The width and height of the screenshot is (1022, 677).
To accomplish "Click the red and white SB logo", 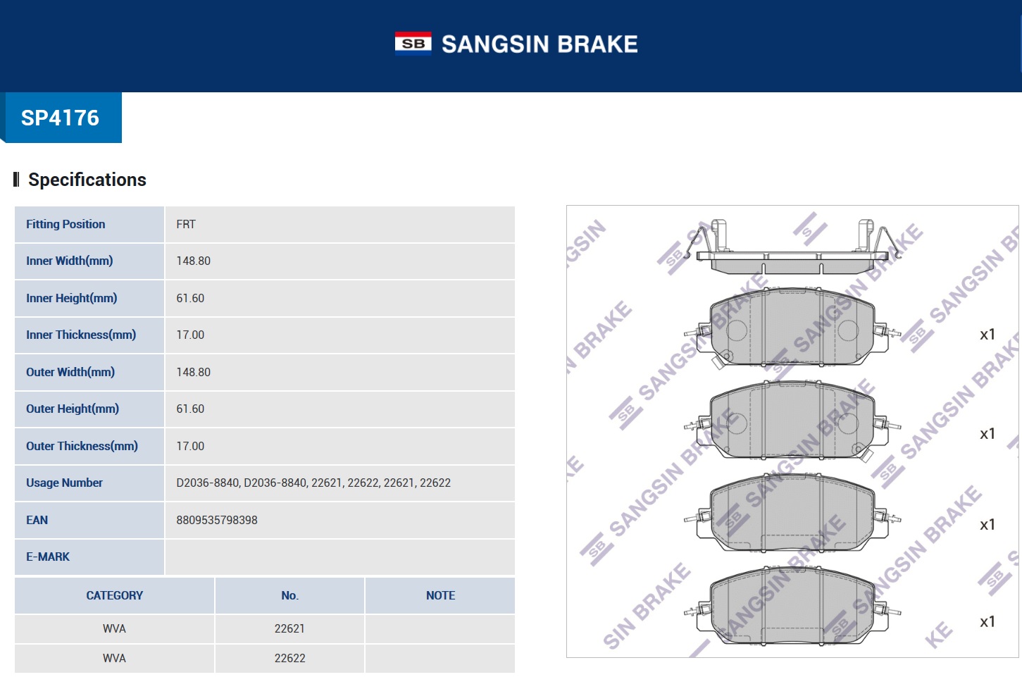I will [413, 43].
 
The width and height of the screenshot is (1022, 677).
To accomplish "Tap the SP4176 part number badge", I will [61, 118].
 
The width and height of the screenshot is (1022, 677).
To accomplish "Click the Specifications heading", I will [87, 180].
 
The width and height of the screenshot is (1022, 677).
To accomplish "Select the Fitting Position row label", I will [66, 224].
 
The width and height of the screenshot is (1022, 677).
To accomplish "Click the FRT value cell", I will [186, 224].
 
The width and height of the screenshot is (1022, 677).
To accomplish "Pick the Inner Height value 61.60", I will [190, 298].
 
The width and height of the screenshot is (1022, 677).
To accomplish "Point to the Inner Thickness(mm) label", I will [81, 335].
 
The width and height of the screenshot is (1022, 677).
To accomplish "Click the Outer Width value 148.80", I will [193, 372].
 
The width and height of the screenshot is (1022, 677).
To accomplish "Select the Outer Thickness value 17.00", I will [190, 446].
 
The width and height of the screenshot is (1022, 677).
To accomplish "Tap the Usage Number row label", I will [64, 483].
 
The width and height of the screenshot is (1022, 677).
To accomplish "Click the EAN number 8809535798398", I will [217, 520].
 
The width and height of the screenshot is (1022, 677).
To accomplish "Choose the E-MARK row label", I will [48, 557].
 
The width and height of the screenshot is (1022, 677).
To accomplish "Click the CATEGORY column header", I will [114, 595].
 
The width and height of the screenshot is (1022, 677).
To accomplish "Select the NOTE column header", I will [440, 595].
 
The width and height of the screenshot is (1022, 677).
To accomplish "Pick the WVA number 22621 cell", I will [289, 628].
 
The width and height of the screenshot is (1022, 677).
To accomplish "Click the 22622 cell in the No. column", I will [289, 658].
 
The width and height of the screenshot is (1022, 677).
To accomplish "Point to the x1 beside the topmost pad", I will [987, 335].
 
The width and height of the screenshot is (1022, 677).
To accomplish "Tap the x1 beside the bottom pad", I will [987, 622].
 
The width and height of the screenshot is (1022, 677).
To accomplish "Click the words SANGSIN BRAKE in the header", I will [540, 44].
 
